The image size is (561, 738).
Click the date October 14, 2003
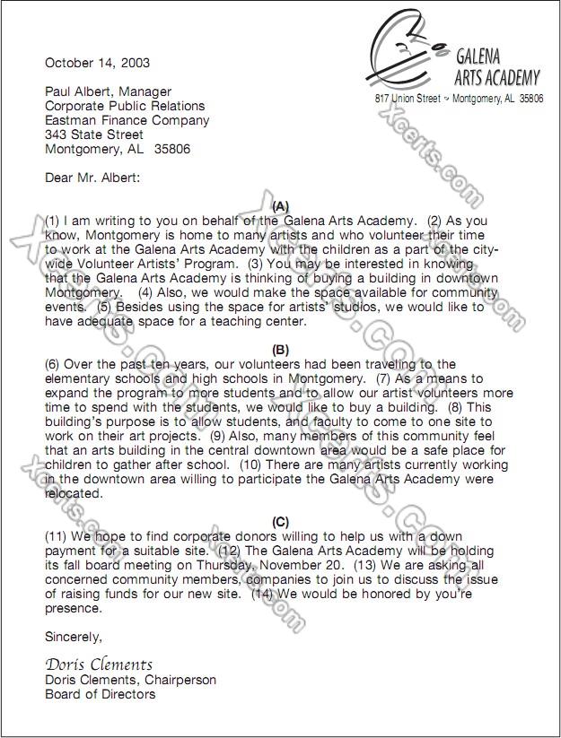[98, 63]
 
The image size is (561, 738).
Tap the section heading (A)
[280, 205]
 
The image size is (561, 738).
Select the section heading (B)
[280, 350]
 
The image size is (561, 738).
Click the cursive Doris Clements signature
[99, 665]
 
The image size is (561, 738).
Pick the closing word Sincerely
[74, 638]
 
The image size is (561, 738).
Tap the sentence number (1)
[53, 221]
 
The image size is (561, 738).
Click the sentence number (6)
[53, 364]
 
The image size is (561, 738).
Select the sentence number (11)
[57, 536]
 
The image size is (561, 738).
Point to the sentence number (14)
[263, 594]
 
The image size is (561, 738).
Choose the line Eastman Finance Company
[127, 120]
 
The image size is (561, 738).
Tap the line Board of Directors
[100, 694]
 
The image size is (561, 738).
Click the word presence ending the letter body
[73, 608]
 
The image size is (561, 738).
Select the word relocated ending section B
[76, 493]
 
